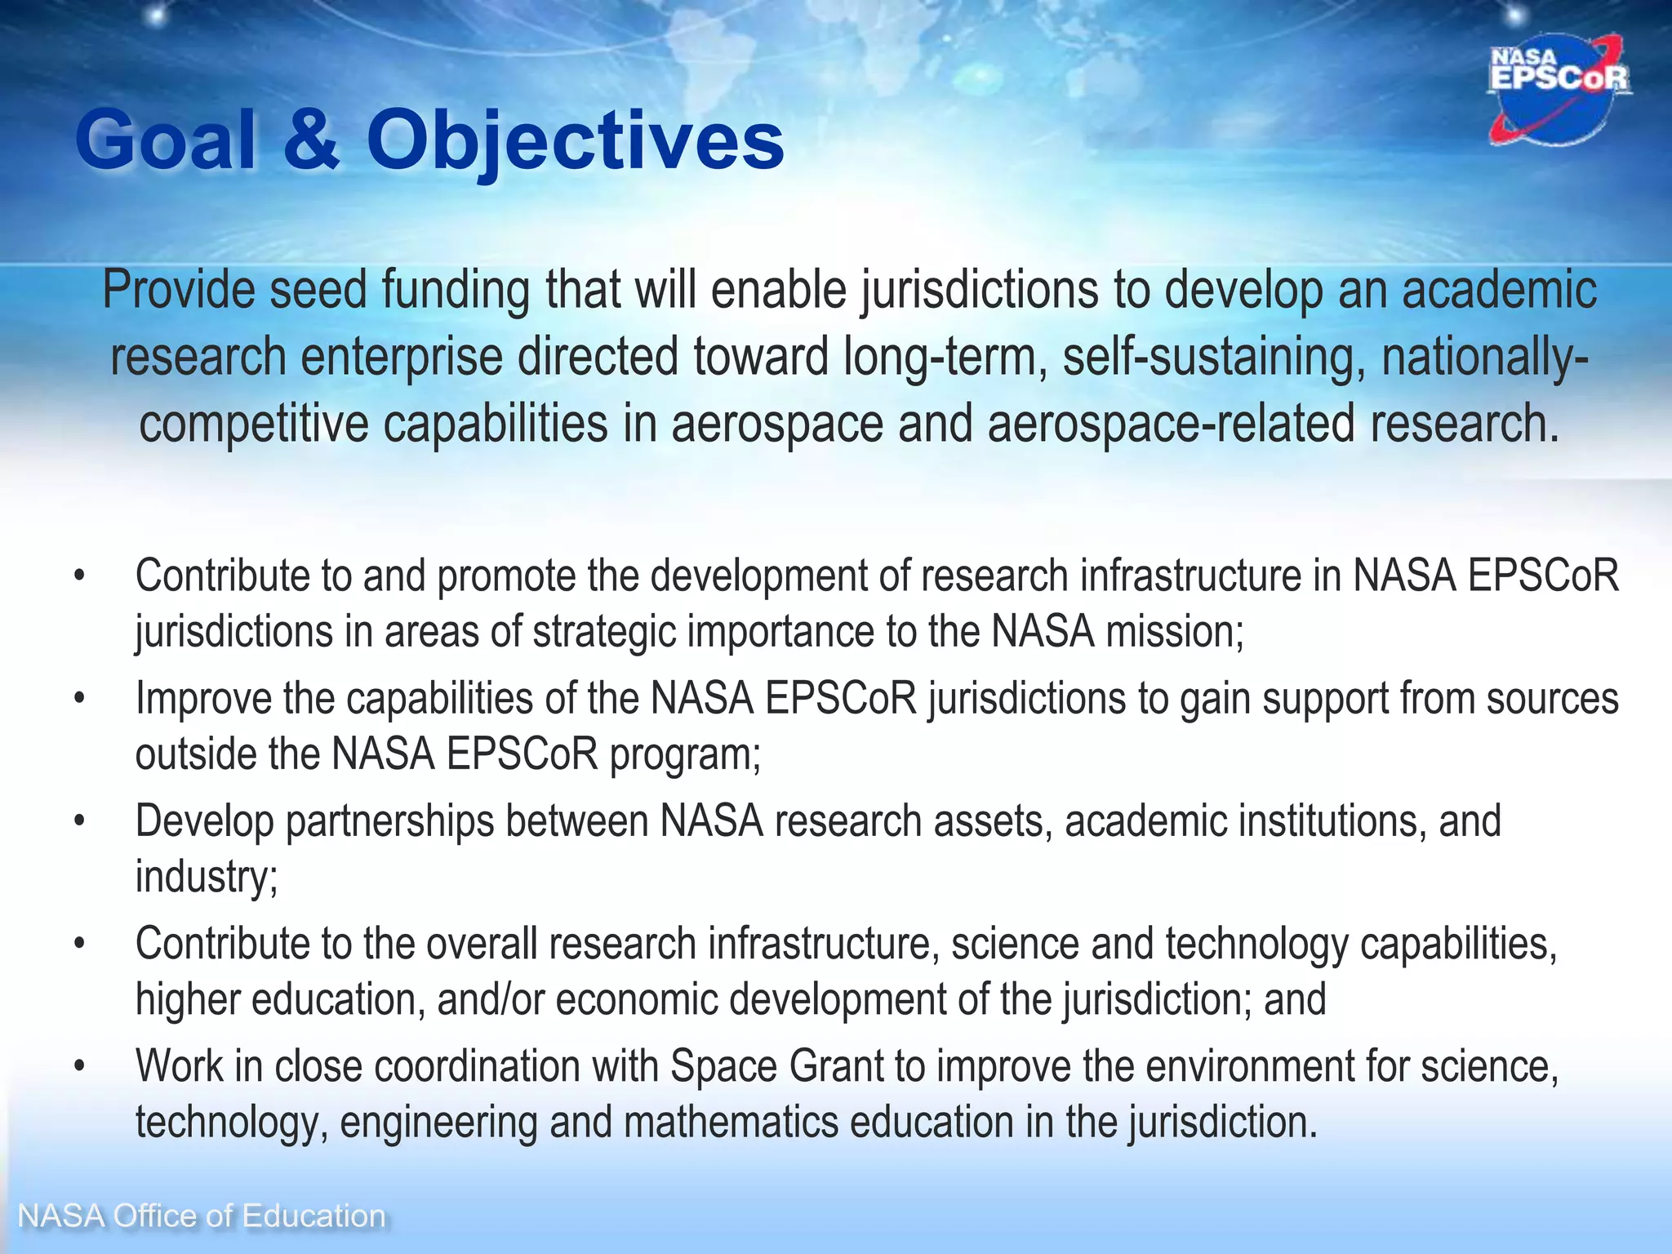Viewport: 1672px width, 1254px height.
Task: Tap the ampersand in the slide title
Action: click(311, 140)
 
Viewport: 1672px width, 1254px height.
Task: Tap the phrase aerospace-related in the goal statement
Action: click(1171, 425)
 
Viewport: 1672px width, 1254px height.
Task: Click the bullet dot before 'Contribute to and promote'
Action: click(78, 576)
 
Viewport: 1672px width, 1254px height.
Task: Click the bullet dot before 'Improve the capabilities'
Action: click(78, 699)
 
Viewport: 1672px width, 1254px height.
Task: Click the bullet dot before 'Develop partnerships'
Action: click(78, 821)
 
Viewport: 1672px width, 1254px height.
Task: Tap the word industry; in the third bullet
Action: click(207, 877)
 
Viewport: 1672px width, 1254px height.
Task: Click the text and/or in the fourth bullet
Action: click(490, 999)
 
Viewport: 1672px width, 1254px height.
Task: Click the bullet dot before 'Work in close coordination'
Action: click(78, 1066)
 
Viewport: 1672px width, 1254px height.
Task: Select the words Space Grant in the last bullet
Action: click(777, 1066)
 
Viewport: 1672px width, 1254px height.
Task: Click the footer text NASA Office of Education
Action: click(202, 1216)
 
